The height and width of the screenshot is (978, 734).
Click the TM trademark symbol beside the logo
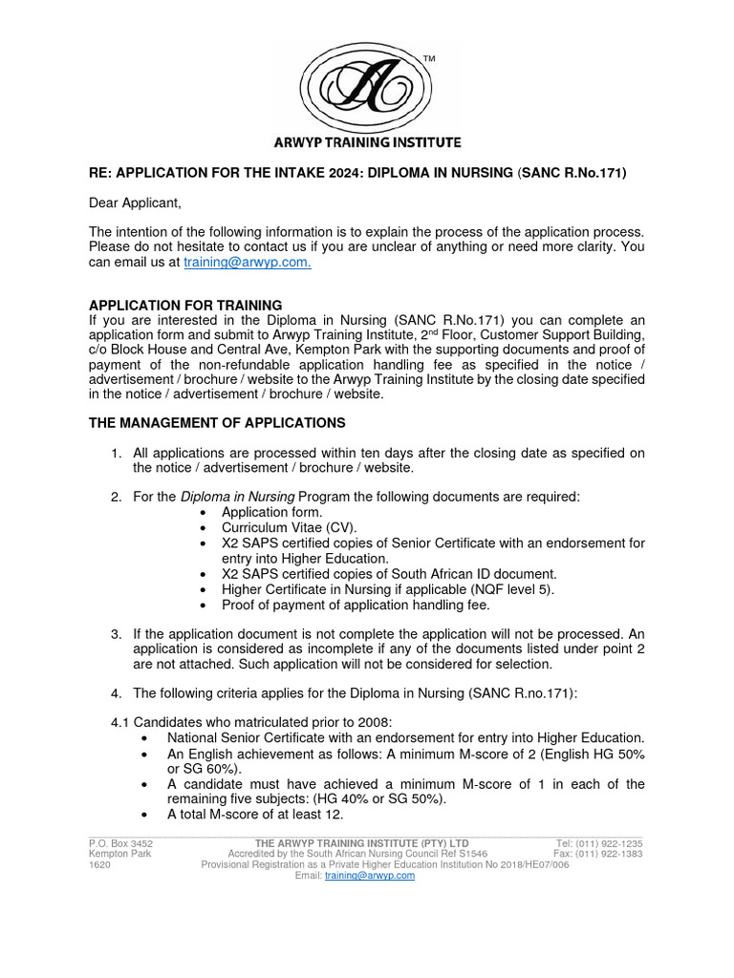pos(428,59)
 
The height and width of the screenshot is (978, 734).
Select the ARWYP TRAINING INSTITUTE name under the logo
pos(362,142)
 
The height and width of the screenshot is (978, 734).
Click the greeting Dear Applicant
pos(135,202)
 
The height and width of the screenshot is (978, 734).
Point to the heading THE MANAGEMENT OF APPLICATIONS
pos(217,422)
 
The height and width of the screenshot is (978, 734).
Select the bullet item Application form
pos(269,512)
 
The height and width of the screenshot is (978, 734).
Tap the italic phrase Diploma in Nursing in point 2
pos(238,497)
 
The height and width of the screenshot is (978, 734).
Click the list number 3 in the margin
pos(116,634)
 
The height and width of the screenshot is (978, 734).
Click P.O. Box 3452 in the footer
pos(120,843)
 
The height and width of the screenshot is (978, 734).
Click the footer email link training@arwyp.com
pos(369,875)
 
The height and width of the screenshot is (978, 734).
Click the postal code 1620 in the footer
pos(99,864)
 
